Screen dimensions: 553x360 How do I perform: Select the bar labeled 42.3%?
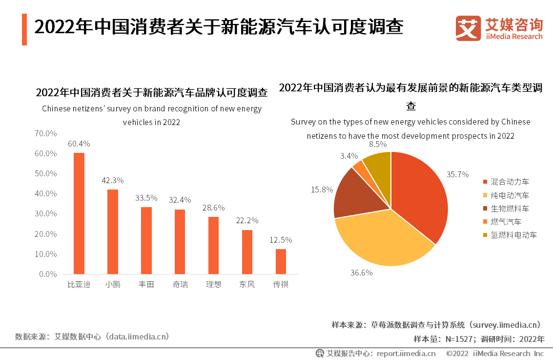[113, 232]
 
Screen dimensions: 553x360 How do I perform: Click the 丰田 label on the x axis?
[146, 284]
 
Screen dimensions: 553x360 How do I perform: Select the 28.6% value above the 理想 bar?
[214, 208]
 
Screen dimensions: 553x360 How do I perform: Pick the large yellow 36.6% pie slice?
[381, 239]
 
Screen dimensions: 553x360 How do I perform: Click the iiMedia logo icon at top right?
[468, 28]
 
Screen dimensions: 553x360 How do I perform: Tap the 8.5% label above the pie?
[378, 144]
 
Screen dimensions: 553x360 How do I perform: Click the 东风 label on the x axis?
[247, 284]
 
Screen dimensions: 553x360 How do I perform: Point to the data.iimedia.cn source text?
[139, 337]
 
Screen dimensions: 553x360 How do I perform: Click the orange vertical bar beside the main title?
[24, 29]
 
